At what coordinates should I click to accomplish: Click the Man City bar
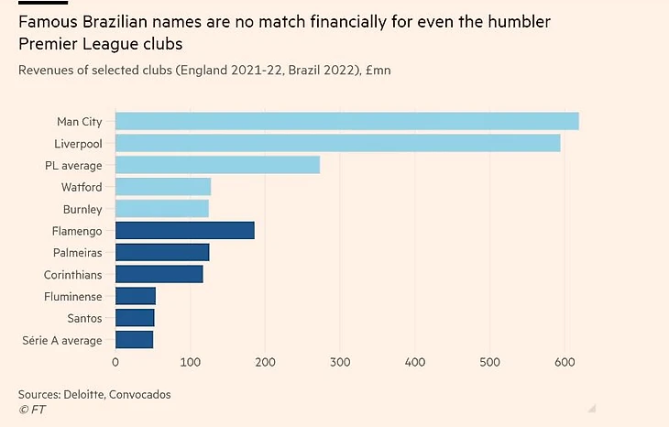[x=346, y=121]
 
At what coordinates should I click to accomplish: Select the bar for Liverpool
[x=337, y=143]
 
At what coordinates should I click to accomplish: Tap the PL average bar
[x=217, y=165]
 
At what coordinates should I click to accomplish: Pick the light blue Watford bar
[x=163, y=187]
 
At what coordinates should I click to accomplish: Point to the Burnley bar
[x=161, y=209]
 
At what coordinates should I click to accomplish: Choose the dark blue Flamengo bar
[x=184, y=231]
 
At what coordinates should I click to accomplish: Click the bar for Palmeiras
[x=161, y=252]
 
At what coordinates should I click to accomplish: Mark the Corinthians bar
[x=159, y=274]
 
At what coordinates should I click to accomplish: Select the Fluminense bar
[x=135, y=296]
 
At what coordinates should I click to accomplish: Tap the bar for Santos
[x=134, y=318]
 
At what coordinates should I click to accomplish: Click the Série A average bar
[x=134, y=340]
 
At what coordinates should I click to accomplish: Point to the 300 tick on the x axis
[x=340, y=363]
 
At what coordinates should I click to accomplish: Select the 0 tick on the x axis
[x=115, y=363]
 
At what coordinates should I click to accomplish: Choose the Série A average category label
[x=62, y=340]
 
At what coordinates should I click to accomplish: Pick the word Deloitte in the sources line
[x=90, y=394]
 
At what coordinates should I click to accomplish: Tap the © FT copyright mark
[x=32, y=410]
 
